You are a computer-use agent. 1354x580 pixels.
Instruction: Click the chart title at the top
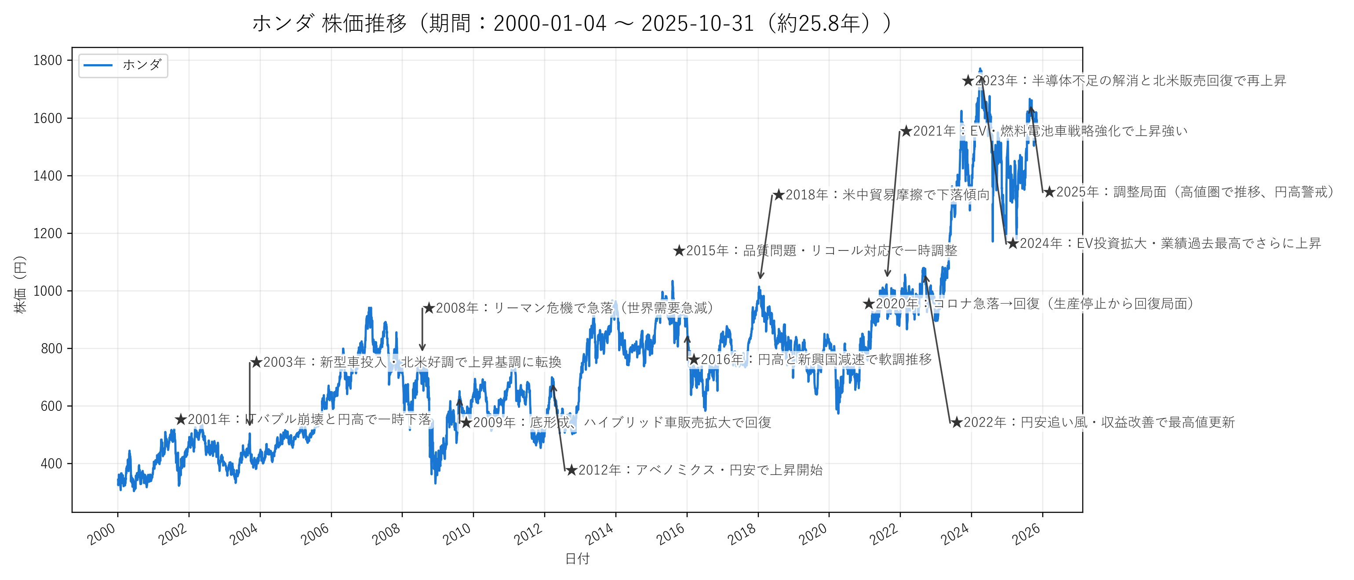point(572,24)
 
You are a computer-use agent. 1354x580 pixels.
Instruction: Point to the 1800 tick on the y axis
point(48,61)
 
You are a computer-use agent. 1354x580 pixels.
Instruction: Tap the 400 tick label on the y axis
point(51,464)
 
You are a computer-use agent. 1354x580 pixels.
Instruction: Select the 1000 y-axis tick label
point(48,291)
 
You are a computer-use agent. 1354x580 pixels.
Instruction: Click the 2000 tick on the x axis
point(102,534)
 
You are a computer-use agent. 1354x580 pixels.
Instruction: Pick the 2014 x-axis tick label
point(600,534)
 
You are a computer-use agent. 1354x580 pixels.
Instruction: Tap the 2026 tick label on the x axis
point(1026,534)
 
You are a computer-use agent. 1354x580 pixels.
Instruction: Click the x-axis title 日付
point(577,559)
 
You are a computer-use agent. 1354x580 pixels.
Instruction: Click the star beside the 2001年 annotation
point(181,419)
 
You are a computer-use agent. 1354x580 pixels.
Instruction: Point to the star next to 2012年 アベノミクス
point(571,470)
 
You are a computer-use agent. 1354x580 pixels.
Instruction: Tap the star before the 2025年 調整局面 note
point(1049,192)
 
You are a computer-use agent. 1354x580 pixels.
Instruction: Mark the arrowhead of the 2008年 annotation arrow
point(422,349)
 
